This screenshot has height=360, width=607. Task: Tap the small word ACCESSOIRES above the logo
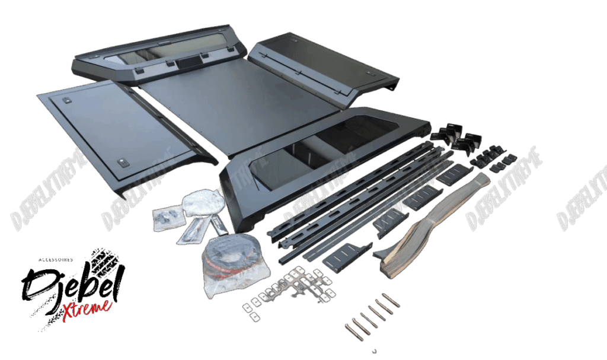tap(56, 260)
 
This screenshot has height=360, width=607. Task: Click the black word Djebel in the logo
tap(72, 283)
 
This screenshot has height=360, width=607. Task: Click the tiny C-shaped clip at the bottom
tap(375, 351)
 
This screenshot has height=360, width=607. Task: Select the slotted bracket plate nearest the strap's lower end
tap(346, 257)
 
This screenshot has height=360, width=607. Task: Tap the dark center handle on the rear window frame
tap(189, 63)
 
